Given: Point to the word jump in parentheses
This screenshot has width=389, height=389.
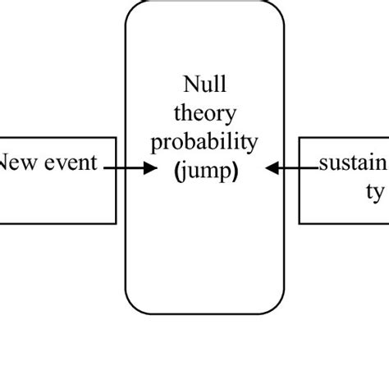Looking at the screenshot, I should pyautogui.click(x=205, y=172).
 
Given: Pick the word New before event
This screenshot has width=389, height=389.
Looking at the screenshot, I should pyautogui.click(x=18, y=162).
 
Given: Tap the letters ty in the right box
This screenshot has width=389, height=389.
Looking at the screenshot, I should pyautogui.click(x=373, y=193).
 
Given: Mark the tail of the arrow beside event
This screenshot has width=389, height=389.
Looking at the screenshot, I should pyautogui.click(x=105, y=167).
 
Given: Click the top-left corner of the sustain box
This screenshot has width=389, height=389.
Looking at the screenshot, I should pyautogui.click(x=299, y=137).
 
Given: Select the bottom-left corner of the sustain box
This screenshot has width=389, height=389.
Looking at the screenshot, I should pyautogui.click(x=299, y=223).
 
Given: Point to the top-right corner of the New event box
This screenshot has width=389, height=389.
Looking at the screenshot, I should pyautogui.click(x=116, y=137).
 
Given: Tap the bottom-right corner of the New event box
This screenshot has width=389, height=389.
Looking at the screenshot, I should pyautogui.click(x=116, y=223).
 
